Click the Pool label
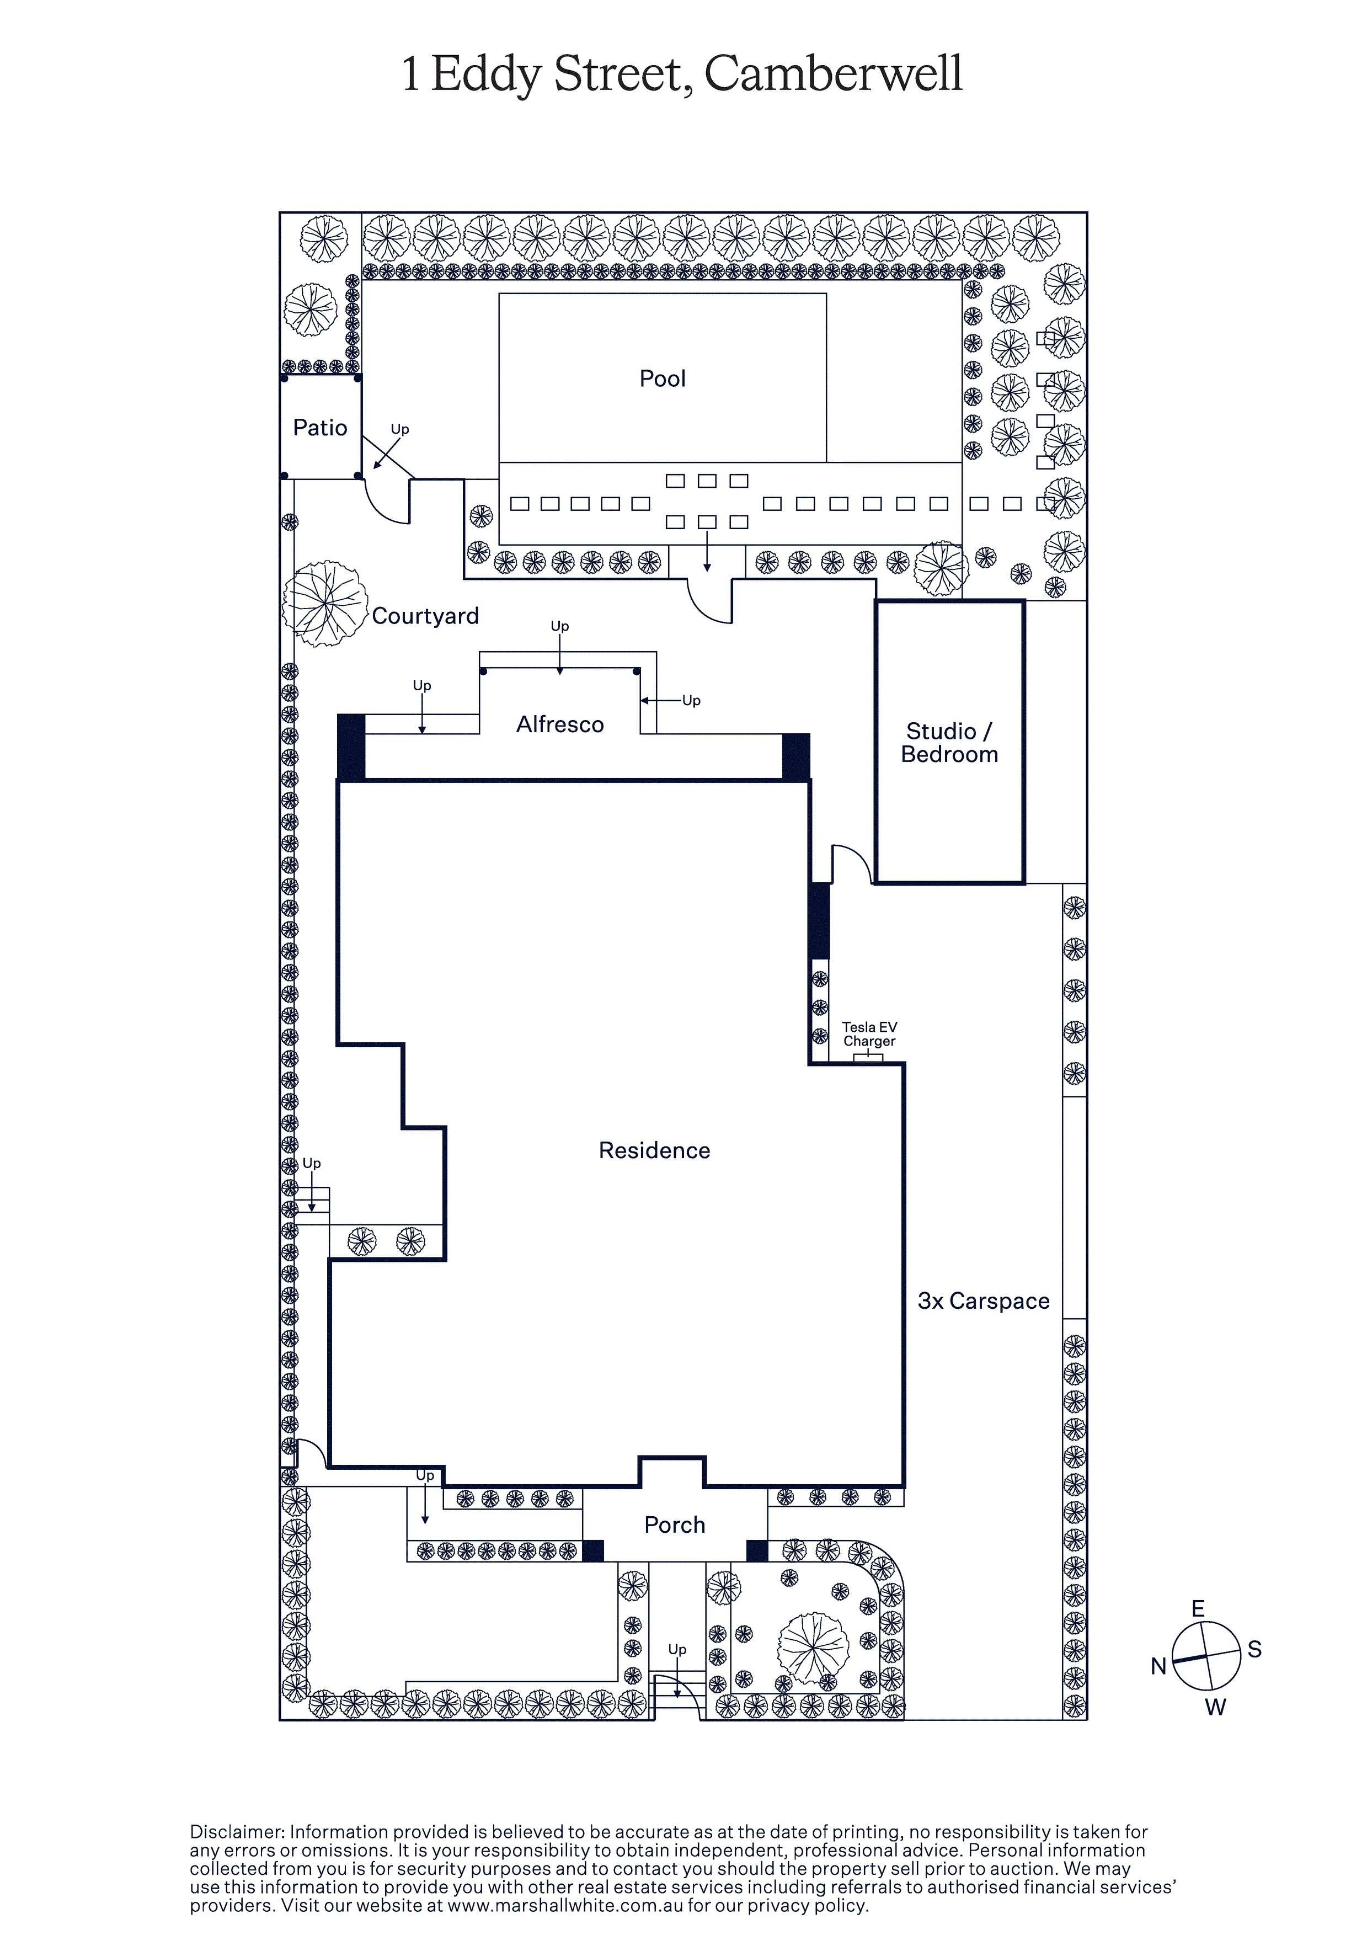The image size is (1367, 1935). click(663, 379)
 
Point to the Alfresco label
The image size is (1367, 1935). click(559, 724)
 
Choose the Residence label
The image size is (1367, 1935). click(654, 1150)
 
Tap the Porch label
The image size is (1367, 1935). click(674, 1524)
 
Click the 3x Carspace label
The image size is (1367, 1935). click(984, 1301)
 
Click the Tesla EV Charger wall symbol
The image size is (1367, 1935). click(868, 1058)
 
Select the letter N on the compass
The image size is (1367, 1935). click(1159, 1666)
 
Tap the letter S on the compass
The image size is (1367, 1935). click(1255, 1649)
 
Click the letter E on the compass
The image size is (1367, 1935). click(1198, 1609)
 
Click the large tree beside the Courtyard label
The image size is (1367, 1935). click(324, 604)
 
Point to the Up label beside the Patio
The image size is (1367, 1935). click(399, 429)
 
